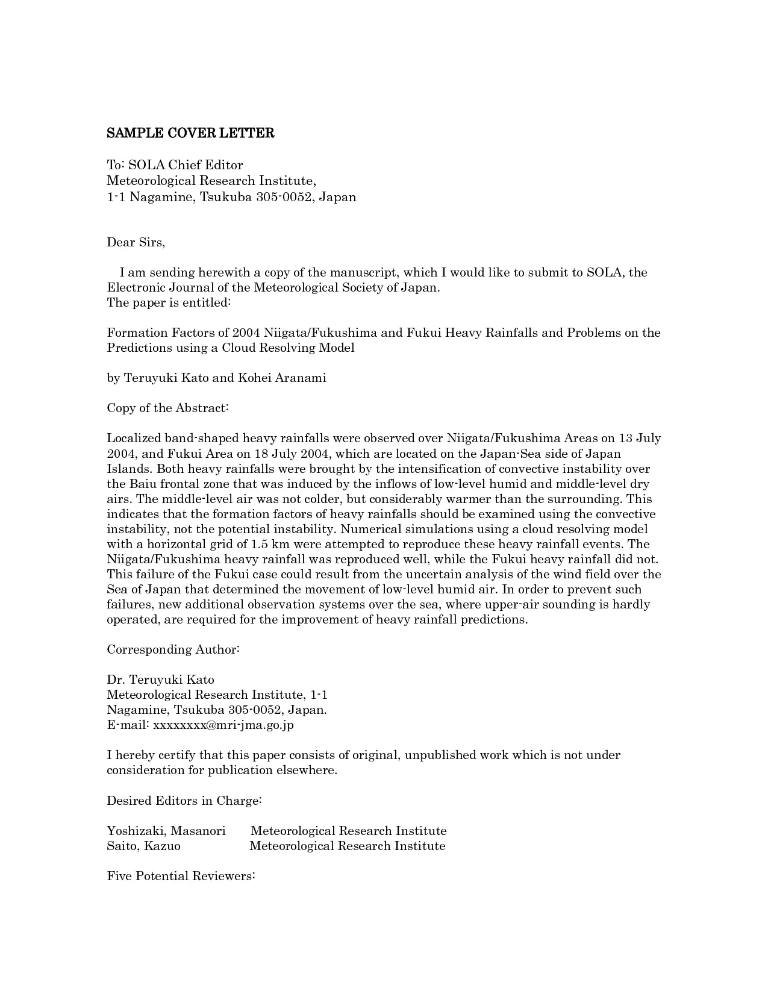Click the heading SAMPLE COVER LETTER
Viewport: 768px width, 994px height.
click(190, 134)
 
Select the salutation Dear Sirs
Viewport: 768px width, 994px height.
click(136, 242)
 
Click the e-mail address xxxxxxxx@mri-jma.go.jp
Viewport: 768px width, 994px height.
click(223, 725)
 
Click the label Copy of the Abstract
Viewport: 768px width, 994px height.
click(167, 408)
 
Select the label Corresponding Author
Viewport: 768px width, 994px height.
click(173, 649)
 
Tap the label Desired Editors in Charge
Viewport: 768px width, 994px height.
click(184, 801)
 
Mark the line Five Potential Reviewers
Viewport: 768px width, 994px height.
click(181, 876)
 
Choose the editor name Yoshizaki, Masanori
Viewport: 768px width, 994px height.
click(166, 831)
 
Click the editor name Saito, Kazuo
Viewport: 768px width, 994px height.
click(143, 846)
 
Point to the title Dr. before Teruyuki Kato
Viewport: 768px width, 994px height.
click(116, 680)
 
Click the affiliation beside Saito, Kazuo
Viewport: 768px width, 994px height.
click(348, 846)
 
